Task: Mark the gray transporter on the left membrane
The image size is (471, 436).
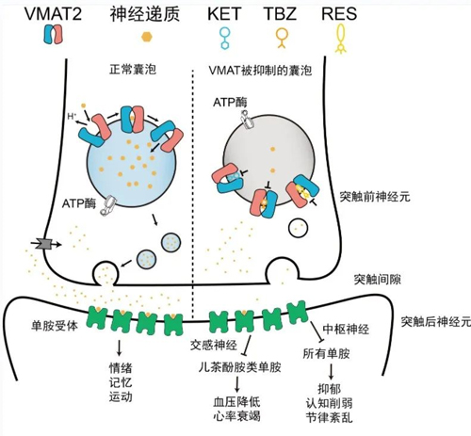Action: click(x=42, y=245)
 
